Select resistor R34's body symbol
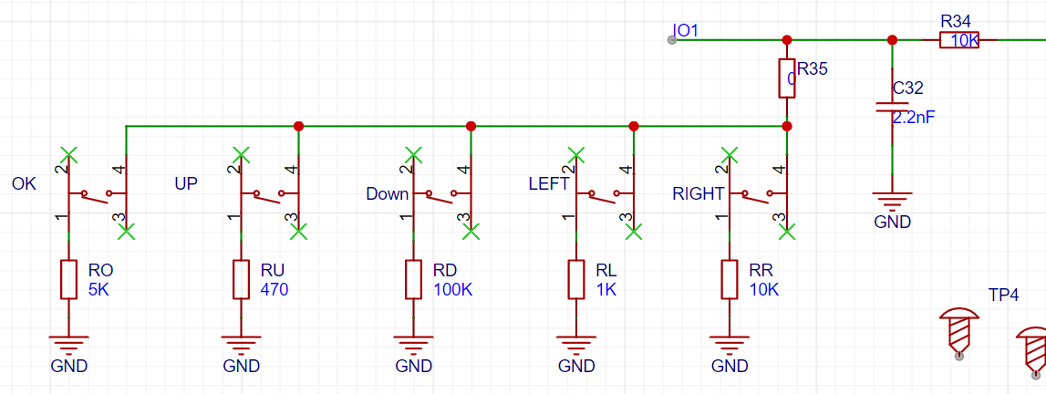[959, 40]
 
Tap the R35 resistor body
[787, 78]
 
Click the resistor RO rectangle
[68, 279]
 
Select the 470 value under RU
[274, 290]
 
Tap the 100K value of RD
[453, 290]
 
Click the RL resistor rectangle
[576, 279]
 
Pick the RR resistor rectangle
[730, 279]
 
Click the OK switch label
[24, 183]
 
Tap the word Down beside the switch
[387, 194]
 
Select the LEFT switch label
[549, 183]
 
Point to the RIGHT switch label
[699, 194]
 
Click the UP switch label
[185, 183]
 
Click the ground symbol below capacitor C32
[892, 200]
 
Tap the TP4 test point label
[1003, 295]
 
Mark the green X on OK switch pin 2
[68, 155]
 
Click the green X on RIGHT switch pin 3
[788, 232]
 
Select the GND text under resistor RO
[68, 366]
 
